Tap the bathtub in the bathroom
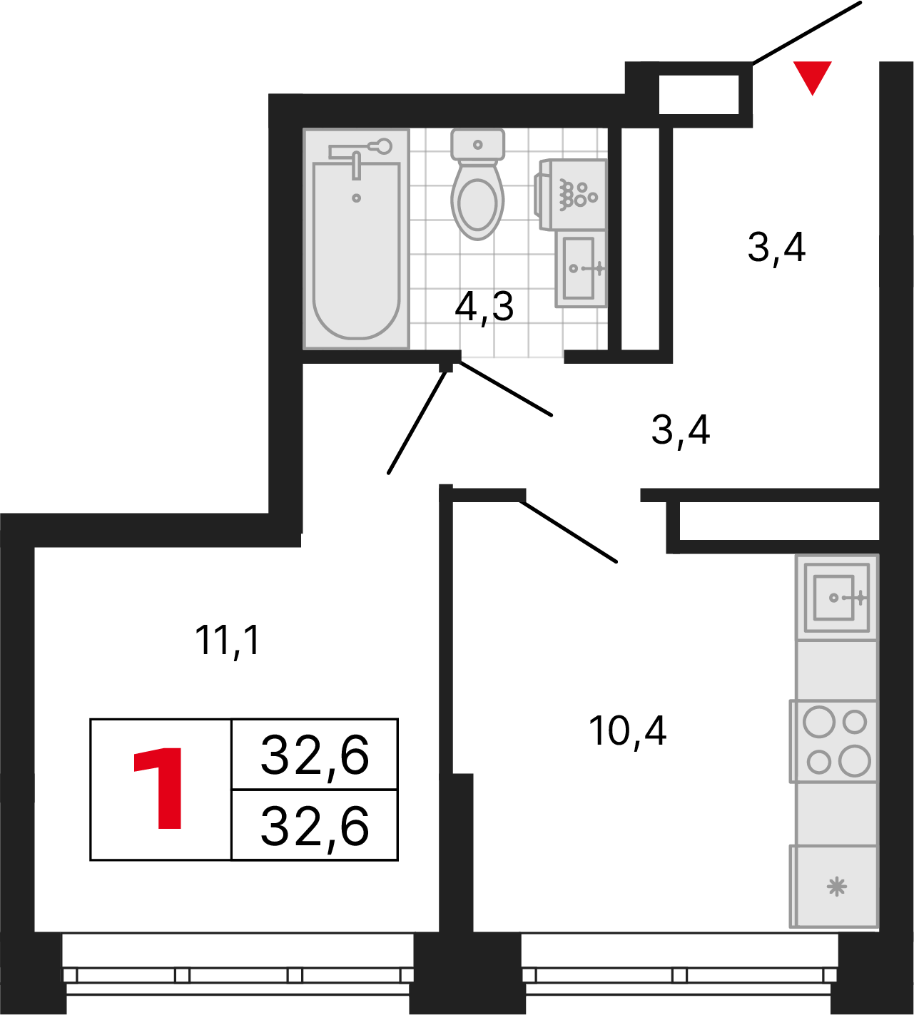tap(356, 239)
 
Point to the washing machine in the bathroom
tap(571, 195)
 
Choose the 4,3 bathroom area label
tap(484, 307)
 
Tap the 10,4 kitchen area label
tap(627, 730)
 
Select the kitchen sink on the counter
tap(836, 598)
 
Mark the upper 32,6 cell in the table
tap(315, 755)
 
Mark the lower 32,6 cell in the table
tap(315, 826)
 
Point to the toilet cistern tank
tap(477, 145)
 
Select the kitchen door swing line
tap(568, 531)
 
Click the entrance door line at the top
tap(807, 33)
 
